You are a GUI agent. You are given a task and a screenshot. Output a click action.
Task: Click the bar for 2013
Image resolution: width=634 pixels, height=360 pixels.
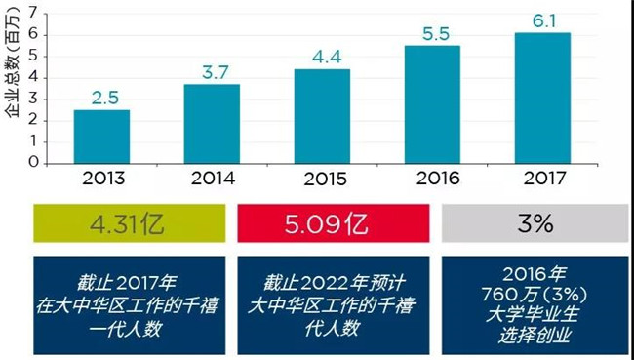[x=101, y=137]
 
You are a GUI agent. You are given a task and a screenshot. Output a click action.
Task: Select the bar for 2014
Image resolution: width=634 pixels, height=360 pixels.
[x=212, y=124]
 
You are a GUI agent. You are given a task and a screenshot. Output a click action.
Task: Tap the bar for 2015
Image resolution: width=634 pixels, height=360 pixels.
[x=322, y=116]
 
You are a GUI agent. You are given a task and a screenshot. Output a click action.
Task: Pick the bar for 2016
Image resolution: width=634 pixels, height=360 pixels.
[x=432, y=104]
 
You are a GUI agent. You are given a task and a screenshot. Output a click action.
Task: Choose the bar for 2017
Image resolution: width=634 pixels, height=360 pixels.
[x=542, y=99]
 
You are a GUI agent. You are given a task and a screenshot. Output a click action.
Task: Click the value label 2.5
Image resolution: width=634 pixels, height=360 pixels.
[x=104, y=98]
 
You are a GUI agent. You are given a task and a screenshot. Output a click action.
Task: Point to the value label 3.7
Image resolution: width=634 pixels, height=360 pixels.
[x=216, y=72]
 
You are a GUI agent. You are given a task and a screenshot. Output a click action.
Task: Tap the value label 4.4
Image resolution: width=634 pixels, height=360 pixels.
[x=327, y=57]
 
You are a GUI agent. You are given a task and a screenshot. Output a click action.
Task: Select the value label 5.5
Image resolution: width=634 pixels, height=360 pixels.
[x=436, y=34]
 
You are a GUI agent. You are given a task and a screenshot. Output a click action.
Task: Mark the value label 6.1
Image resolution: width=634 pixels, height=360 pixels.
[x=544, y=21]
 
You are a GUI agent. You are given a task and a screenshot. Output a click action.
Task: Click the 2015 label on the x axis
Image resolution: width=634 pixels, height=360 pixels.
[x=325, y=180]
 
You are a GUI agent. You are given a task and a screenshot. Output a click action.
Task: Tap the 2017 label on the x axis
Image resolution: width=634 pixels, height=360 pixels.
[x=544, y=178]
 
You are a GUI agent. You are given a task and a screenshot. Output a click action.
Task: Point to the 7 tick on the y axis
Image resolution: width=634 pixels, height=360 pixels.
[x=33, y=15]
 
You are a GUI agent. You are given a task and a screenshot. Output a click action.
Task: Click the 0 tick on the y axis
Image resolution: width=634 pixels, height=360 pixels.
[x=34, y=163]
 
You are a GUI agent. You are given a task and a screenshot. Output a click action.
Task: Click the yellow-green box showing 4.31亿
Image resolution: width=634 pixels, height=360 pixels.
[x=130, y=223]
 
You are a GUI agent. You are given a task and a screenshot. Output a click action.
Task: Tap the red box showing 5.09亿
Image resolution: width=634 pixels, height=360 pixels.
[x=334, y=223]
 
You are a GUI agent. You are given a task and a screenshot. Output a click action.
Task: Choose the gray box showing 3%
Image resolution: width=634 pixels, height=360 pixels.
[x=535, y=223]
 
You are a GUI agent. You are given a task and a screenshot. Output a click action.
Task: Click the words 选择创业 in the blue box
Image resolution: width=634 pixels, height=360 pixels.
[x=535, y=335]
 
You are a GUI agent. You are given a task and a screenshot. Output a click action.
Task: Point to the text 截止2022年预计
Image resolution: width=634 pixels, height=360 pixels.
[x=334, y=283]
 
